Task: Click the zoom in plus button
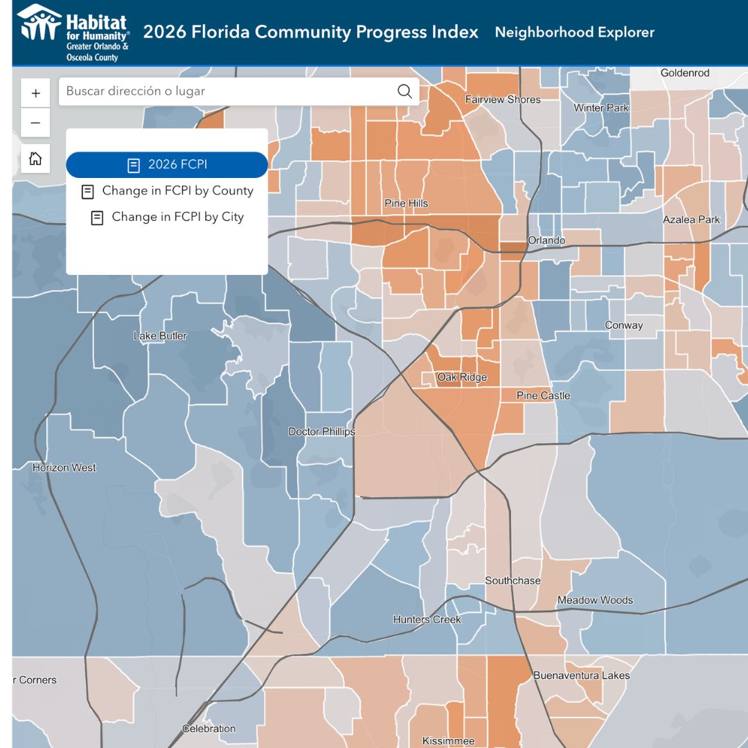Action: coord(35,93)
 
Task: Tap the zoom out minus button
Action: coord(35,123)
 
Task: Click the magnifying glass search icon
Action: coord(404,91)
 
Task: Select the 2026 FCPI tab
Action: coord(167,165)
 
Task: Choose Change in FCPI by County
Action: coord(168,191)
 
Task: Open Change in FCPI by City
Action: coord(168,217)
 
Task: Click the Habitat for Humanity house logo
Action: coord(39,22)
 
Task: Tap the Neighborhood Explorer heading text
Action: coord(574,33)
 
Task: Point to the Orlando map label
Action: coord(546,240)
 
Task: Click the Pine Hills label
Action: coord(406,204)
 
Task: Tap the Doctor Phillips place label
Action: coord(321,431)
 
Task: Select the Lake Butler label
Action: coord(160,336)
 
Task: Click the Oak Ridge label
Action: coord(462,377)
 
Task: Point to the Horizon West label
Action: coord(64,467)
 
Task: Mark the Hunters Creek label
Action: coord(427,620)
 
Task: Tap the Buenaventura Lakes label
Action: coord(582,675)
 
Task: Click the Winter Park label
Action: coord(601,108)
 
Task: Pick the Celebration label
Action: coord(209,729)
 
